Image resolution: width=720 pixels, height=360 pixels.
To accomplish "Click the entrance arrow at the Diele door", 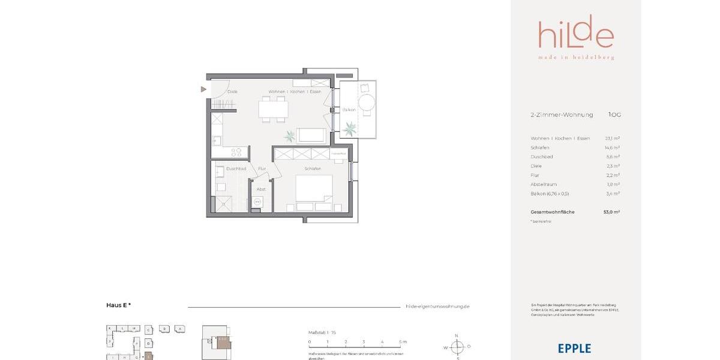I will click(x=203, y=89).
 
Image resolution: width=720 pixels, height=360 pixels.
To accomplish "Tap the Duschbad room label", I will click(x=236, y=169).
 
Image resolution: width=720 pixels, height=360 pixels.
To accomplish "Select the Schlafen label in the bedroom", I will click(x=313, y=169).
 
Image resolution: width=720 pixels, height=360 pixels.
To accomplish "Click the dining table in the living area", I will click(x=273, y=109).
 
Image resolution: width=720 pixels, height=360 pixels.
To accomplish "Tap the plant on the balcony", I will click(x=349, y=128).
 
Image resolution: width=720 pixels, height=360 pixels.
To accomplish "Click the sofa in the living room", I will click(x=312, y=136).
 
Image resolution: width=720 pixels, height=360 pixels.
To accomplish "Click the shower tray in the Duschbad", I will click(x=226, y=204).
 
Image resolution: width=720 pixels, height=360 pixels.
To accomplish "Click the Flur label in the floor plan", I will click(x=262, y=169).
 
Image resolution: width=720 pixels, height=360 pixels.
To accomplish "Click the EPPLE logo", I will click(x=574, y=349).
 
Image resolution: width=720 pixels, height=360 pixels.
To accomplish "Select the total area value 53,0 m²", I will click(x=611, y=212).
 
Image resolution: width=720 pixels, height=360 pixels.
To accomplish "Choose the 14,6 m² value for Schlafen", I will click(x=612, y=148).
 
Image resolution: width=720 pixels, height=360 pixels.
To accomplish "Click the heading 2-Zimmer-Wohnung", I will click(x=562, y=115).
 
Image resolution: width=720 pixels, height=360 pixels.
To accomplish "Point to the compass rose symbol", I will click(x=457, y=347).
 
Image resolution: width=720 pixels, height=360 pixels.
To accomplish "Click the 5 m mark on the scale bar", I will click(x=400, y=341).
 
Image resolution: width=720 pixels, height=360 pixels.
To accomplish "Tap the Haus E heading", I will click(x=118, y=305).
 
